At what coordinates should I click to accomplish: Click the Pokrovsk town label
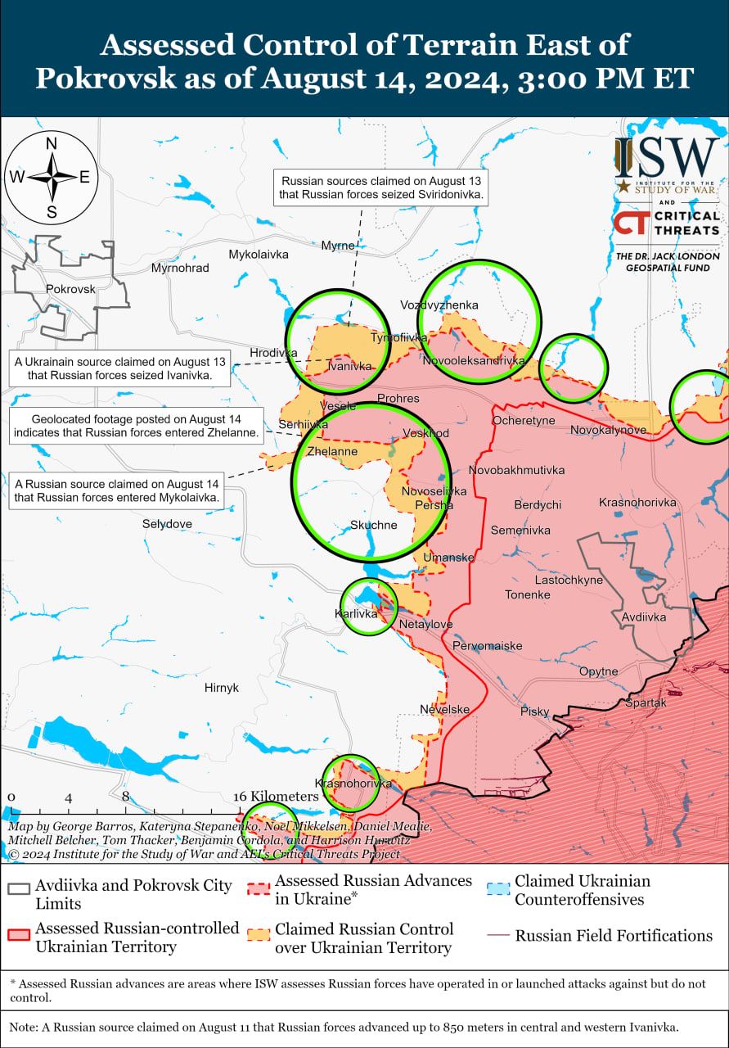70,289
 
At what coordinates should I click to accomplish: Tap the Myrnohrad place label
180,268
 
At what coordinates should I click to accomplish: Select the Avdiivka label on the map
644,617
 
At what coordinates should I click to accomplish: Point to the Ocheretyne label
523,420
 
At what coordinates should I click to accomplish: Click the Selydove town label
167,523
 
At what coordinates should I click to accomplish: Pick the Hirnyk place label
222,688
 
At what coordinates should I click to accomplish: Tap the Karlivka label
356,613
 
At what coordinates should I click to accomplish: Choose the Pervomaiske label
487,645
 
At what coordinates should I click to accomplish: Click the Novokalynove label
608,429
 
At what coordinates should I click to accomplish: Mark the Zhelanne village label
331,451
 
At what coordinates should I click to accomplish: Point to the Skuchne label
373,525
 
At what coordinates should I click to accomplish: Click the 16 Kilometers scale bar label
275,797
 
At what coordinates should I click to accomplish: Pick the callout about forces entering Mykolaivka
116,490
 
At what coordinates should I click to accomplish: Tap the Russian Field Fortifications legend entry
614,935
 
